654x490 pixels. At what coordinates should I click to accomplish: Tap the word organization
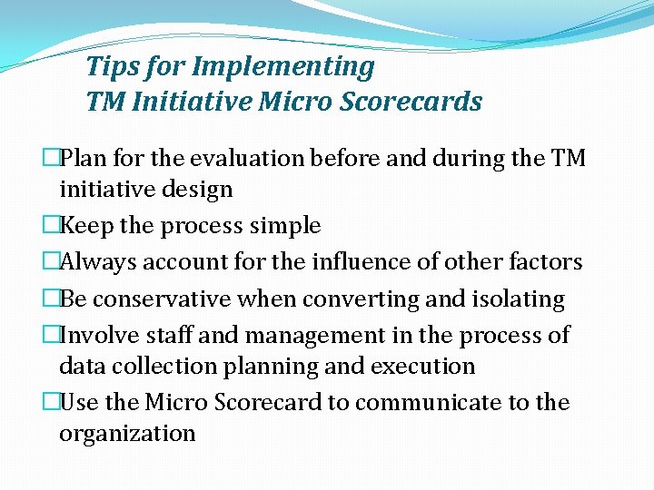click(x=127, y=434)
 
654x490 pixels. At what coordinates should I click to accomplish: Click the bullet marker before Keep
click(x=51, y=226)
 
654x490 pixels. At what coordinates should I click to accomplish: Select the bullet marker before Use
click(x=51, y=402)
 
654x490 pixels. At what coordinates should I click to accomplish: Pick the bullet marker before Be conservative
click(x=51, y=299)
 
